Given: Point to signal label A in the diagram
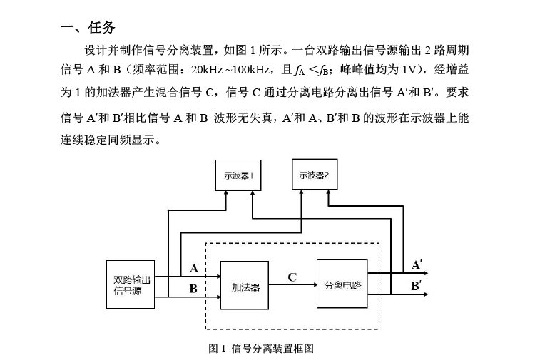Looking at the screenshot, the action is (194, 268).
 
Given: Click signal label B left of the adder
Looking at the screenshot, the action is (193, 289).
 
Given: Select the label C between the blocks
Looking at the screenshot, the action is (292, 277).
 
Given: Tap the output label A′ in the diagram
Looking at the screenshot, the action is (417, 264).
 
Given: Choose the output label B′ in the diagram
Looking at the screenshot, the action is (416, 285).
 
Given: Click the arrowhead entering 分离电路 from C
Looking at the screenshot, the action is (315, 284).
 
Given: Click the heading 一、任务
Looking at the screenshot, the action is (88, 27).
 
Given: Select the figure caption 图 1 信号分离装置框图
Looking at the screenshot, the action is (261, 349).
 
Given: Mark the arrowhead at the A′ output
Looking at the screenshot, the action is (425, 273).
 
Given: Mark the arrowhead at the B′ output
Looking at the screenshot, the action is (425, 294).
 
